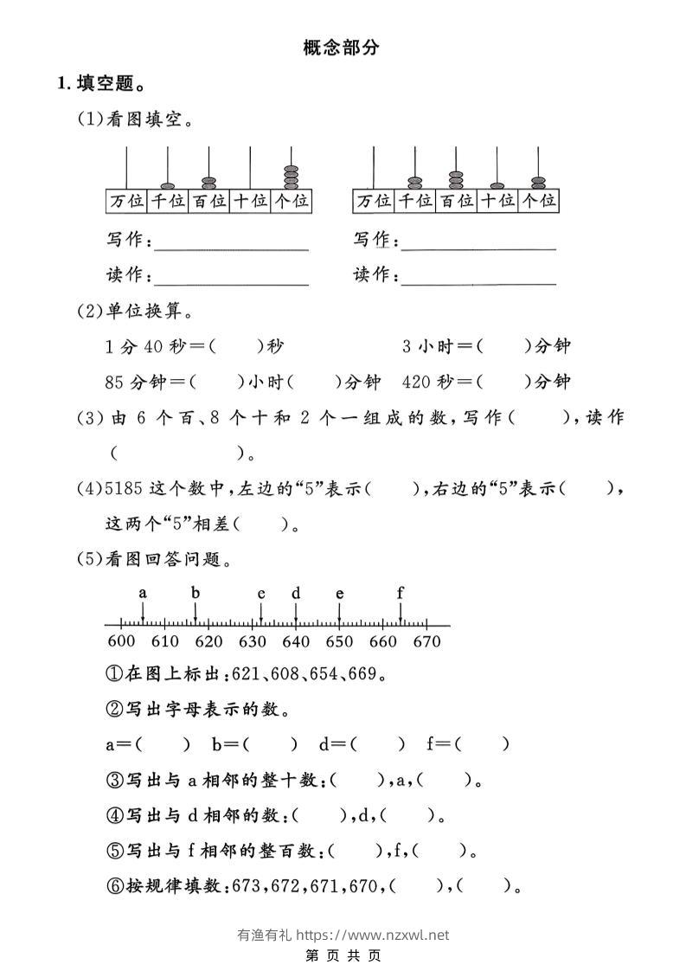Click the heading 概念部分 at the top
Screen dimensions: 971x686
pos(342,48)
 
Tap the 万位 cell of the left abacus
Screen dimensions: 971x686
pos(126,201)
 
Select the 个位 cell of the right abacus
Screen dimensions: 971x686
pos(538,201)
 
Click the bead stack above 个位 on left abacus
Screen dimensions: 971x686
pos(291,177)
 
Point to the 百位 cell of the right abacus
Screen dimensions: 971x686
pos(456,201)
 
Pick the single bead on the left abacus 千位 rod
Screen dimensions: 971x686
pos(167,185)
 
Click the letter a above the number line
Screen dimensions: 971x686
pos(143,593)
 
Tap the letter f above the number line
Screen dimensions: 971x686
pos(400,593)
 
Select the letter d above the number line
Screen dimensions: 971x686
pos(296,593)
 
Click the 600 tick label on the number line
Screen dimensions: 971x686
pos(121,641)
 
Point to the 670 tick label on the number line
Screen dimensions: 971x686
pos(426,641)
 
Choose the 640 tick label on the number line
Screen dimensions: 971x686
pos(296,641)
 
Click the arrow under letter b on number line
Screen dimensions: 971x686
pos(196,611)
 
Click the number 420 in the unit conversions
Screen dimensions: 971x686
pos(416,382)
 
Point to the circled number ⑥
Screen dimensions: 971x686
pos(113,885)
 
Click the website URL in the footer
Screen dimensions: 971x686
pos(373,935)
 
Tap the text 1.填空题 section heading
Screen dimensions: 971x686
pos(99,84)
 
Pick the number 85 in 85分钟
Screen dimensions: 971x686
pos(114,382)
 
